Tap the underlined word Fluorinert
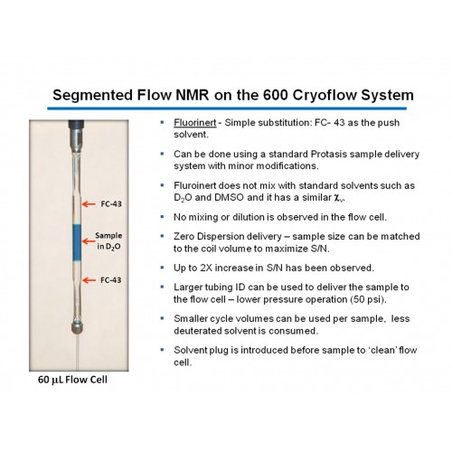click(195, 123)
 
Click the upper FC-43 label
click(111, 204)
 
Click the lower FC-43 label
click(111, 280)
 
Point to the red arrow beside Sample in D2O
click(89, 241)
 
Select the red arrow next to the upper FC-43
click(89, 204)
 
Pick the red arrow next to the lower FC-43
click(89, 280)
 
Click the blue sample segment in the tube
click(77, 242)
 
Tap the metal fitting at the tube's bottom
click(78, 327)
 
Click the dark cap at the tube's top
click(76, 125)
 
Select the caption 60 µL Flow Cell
click(72, 380)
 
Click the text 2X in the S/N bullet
click(206, 268)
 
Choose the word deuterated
click(195, 331)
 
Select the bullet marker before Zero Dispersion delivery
click(163, 236)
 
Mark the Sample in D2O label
click(108, 241)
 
